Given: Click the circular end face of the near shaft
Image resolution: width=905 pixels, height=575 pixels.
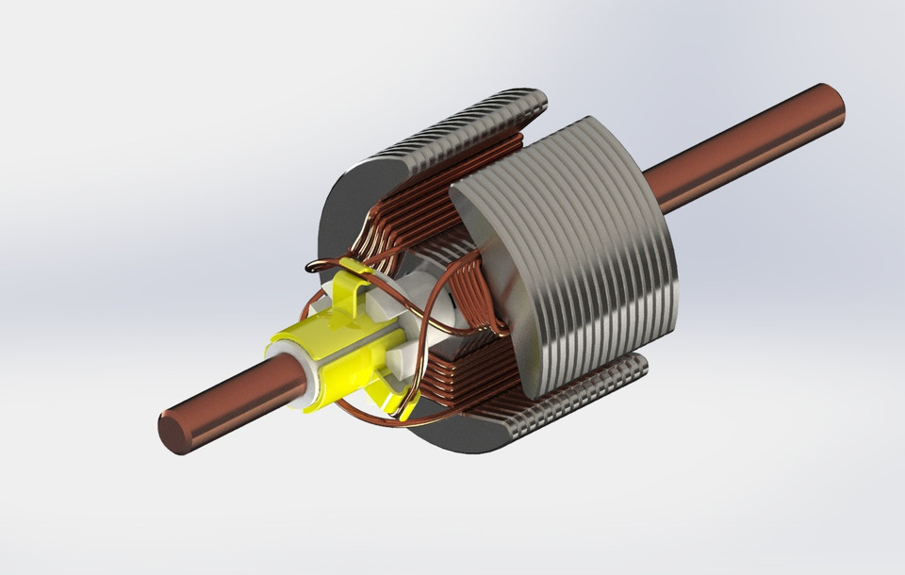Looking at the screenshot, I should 173,435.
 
